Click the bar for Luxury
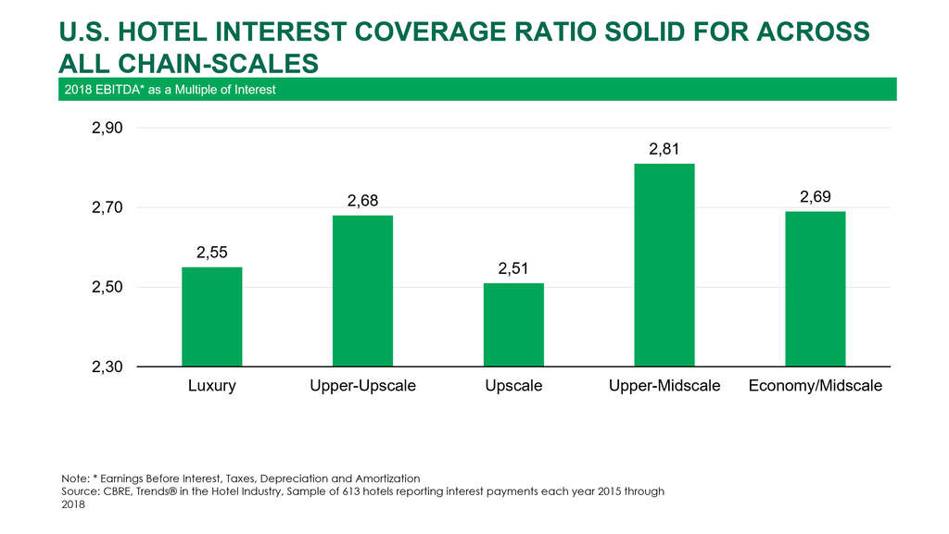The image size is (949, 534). tap(211, 317)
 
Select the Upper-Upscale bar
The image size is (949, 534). tap(362, 291)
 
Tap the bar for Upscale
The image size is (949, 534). tap(513, 324)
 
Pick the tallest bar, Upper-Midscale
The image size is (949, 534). tap(664, 265)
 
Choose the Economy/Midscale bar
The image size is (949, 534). tap(815, 289)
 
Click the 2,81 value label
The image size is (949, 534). tap(664, 149)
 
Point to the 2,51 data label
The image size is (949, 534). tap(513, 268)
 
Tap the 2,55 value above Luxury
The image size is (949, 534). tap(211, 252)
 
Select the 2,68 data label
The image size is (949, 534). tap(362, 201)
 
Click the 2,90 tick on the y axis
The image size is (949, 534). tap(108, 129)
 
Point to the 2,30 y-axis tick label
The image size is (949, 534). tap(108, 367)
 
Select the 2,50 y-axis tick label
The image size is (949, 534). tap(108, 288)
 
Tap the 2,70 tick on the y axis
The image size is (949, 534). tap(108, 208)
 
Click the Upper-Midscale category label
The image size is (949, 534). tap(664, 386)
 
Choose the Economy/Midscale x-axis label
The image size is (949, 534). tap(815, 386)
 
